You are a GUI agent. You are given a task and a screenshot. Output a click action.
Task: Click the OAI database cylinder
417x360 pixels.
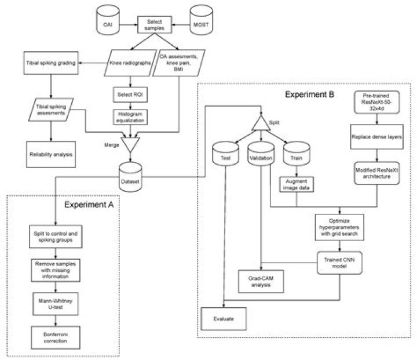click(106, 24)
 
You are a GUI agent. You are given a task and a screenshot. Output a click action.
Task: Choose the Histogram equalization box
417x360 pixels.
click(129, 117)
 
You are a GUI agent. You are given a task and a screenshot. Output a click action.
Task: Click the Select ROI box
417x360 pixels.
click(129, 93)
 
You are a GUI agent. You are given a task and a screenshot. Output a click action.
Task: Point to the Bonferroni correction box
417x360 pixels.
click(53, 337)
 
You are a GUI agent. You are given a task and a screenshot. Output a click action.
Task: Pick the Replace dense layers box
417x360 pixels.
click(377, 139)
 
